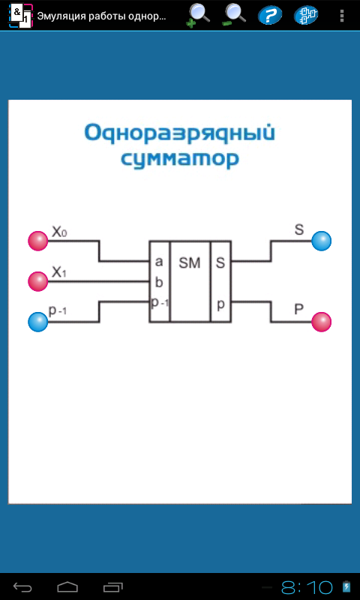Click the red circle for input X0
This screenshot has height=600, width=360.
click(x=37, y=241)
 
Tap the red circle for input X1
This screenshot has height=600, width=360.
click(x=37, y=281)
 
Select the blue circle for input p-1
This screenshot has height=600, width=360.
click(x=37, y=322)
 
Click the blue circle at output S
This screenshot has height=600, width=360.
click(x=321, y=241)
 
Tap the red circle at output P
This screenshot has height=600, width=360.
click(x=321, y=322)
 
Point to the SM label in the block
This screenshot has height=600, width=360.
click(x=190, y=263)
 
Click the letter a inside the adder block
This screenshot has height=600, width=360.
click(x=159, y=262)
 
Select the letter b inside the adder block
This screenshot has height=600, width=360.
click(x=159, y=283)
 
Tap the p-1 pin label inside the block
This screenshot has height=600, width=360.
click(x=160, y=303)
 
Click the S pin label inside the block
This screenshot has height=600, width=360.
click(x=220, y=263)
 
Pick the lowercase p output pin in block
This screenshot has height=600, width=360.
click(x=220, y=305)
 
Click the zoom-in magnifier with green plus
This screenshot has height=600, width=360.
click(x=198, y=15)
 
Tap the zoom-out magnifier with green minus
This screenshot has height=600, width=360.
click(x=234, y=15)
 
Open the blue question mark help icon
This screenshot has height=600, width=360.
click(x=270, y=16)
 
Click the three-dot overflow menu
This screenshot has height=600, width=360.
click(x=342, y=16)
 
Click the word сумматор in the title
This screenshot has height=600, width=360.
click(x=180, y=158)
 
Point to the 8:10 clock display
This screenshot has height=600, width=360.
click(x=307, y=586)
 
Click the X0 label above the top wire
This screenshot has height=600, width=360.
click(x=59, y=232)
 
